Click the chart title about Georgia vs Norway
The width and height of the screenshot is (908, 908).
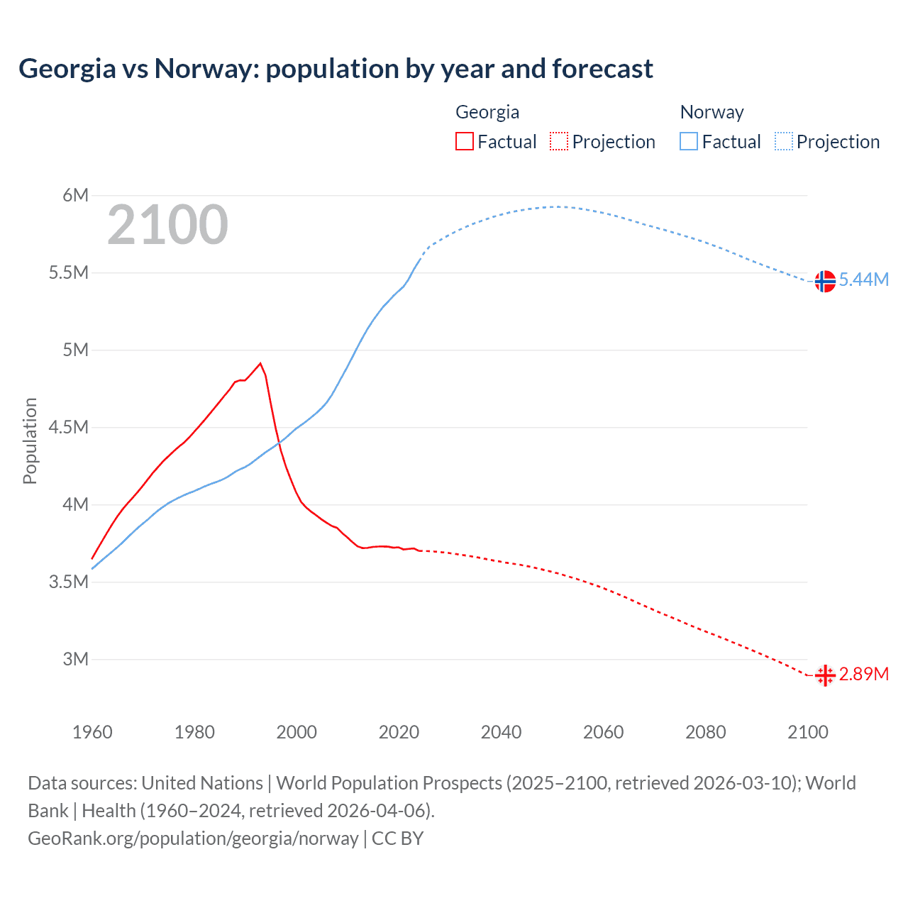[336, 69]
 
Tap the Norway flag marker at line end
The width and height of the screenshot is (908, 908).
[824, 282]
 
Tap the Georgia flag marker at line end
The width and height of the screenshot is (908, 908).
[824, 675]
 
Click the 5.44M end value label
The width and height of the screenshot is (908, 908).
[863, 280]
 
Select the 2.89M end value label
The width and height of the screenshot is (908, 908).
[863, 674]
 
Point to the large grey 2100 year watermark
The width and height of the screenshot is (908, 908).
[167, 226]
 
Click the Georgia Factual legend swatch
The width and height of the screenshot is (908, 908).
[464, 142]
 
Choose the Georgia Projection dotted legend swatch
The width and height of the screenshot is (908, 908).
[559, 142]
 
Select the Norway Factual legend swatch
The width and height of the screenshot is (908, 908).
[688, 142]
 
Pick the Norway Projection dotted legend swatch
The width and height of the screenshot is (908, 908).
[784, 142]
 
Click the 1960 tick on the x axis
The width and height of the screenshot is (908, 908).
[92, 732]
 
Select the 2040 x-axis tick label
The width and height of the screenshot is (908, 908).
[501, 732]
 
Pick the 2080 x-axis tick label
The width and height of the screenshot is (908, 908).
[705, 732]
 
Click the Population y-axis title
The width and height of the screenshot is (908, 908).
[30, 441]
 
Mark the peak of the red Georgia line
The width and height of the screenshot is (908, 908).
[260, 363]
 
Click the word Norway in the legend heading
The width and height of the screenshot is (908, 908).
[712, 112]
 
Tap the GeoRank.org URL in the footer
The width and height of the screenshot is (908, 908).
[193, 838]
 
